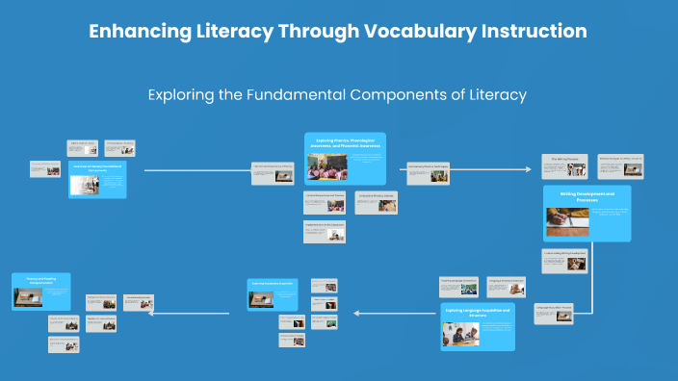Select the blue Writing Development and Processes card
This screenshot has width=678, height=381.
[x=587, y=213]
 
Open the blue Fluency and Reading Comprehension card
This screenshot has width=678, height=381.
[x=41, y=291]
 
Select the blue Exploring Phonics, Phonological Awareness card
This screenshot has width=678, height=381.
[x=345, y=157]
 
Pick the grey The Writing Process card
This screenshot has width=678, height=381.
[x=563, y=165]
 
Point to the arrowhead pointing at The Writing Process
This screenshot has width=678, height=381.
[x=528, y=169]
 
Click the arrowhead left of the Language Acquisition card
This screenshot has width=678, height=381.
[x=357, y=313]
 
